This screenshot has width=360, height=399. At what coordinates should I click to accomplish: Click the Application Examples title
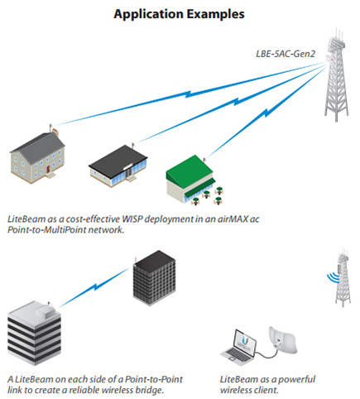coord(180,14)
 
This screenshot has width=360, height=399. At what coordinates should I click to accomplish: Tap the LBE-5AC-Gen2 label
coord(286,54)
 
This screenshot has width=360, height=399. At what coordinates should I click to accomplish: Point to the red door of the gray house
coord(48,169)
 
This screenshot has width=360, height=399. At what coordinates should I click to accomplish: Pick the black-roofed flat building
coord(118,166)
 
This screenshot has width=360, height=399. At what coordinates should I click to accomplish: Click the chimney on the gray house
coord(55,133)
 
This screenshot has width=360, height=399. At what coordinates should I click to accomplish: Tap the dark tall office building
coord(154,278)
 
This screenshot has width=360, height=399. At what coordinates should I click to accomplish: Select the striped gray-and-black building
coord(34,334)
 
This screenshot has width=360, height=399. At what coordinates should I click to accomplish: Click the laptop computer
coord(239,347)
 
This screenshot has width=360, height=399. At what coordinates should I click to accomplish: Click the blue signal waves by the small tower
coord(333,277)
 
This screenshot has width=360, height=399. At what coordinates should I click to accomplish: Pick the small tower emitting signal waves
coord(343,277)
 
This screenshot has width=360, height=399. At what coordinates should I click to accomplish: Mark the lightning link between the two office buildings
coord(94,287)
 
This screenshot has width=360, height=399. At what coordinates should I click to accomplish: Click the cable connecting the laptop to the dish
coord(266,354)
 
